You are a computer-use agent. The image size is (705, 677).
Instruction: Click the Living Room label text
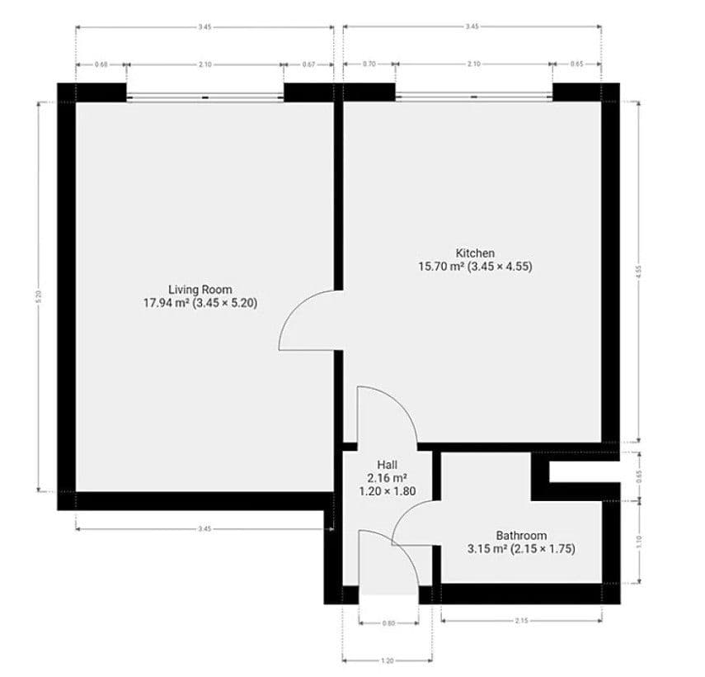(200, 290)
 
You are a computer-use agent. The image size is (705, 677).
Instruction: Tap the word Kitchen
(475, 253)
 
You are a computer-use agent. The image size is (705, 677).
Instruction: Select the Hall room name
(387, 465)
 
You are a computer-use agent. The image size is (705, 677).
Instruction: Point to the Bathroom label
(520, 535)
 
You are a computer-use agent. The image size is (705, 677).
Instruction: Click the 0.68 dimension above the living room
(101, 64)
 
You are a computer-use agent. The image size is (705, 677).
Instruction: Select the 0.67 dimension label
(308, 64)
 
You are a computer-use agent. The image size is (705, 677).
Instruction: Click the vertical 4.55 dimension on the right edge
(639, 272)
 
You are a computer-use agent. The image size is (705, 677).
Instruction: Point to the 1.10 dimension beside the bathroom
(639, 541)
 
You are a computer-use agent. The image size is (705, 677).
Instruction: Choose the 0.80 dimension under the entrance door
(388, 624)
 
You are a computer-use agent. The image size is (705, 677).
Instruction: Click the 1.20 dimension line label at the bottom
(387, 660)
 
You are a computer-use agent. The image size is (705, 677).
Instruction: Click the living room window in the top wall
(204, 97)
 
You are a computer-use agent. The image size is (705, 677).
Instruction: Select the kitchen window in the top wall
(473, 97)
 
